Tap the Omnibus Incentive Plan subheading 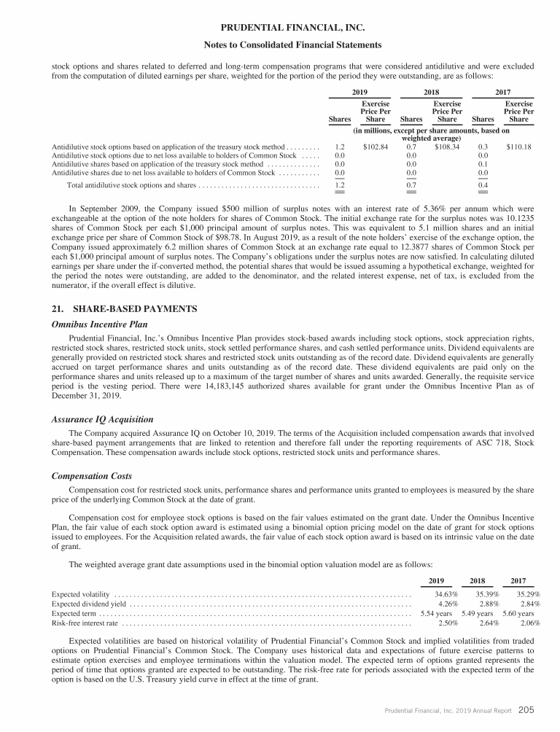(103, 325)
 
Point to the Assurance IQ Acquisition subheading (102, 420)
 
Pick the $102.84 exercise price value (376, 147)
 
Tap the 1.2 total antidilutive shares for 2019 (339, 186)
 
